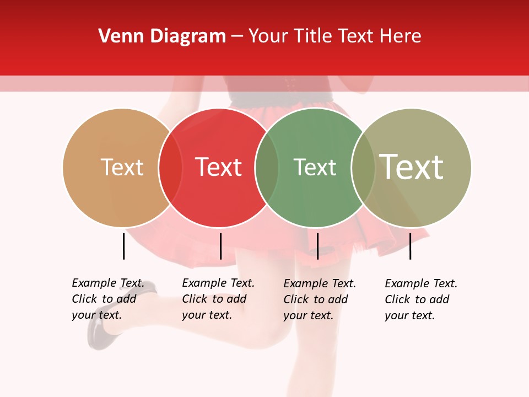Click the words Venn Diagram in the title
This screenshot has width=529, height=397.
[162, 36]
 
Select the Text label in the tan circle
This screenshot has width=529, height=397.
[122, 167]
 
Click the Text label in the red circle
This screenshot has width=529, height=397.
[218, 167]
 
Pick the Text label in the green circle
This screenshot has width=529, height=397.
[315, 167]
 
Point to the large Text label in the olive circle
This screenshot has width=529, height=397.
[412, 167]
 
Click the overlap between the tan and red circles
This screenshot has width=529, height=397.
[170, 168]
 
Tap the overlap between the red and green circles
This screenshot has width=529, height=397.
[267, 168]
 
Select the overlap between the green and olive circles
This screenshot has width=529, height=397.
[363, 168]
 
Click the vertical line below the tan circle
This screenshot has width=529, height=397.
[124, 246]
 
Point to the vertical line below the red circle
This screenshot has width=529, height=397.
[220, 246]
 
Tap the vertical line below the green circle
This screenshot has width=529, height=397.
[317, 246]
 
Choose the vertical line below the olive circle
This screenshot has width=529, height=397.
[410, 246]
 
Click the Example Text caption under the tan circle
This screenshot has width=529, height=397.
[108, 299]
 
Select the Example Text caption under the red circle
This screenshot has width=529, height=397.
[218, 299]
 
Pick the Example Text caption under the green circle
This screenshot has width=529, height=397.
[320, 299]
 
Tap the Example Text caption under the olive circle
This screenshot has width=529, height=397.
[421, 299]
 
